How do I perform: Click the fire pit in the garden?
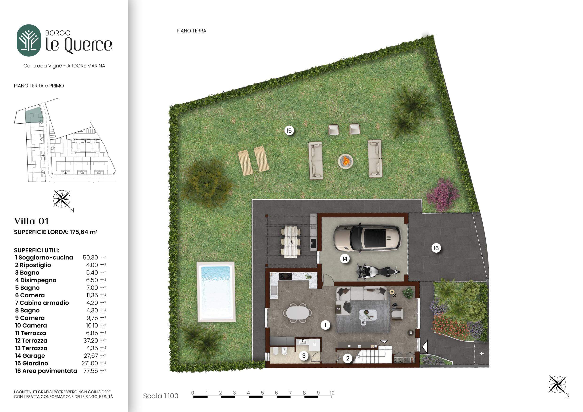point(346,161)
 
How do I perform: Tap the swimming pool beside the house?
point(216,292)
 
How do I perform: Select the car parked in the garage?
point(367,238)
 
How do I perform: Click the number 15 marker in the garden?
point(289,131)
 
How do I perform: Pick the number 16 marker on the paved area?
point(436,248)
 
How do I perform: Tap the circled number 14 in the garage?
point(345,259)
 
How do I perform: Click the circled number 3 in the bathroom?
point(304,356)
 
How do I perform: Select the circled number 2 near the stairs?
point(348,358)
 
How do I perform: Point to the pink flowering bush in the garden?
point(443,195)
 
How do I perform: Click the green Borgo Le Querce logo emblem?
point(29,40)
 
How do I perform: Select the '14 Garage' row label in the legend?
point(30,356)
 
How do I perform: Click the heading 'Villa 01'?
point(31,221)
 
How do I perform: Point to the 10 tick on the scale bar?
point(332,393)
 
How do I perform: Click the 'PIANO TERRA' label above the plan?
point(191,31)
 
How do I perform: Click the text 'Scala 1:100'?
point(161,396)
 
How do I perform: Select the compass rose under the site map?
point(61,199)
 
